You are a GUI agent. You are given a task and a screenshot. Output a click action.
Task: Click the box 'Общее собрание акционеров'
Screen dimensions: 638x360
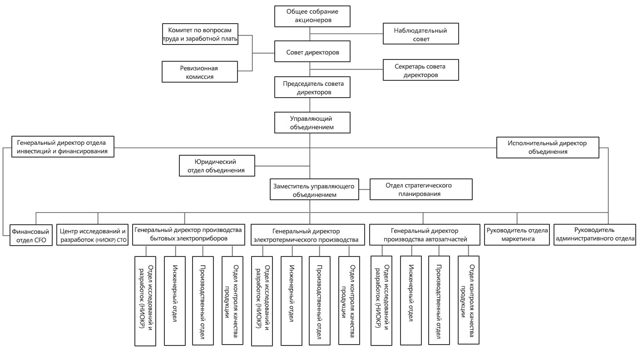pyautogui.click(x=312, y=16)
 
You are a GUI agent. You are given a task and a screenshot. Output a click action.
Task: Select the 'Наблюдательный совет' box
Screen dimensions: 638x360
pyautogui.click(x=420, y=34)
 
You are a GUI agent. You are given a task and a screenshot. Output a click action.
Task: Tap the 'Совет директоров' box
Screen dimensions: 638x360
pyautogui.click(x=312, y=51)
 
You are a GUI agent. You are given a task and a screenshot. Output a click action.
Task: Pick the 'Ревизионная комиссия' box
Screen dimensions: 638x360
pyautogui.click(x=200, y=72)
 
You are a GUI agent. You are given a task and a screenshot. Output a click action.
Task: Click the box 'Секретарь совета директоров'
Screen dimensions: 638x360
pyautogui.click(x=420, y=70)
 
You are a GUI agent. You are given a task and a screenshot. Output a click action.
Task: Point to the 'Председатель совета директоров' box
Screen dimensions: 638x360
pyautogui.click(x=312, y=87)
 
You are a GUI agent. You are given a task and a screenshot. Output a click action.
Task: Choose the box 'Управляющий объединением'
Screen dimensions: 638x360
pyautogui.click(x=312, y=123)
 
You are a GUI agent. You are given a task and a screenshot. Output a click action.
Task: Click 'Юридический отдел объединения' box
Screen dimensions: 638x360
pyautogui.click(x=217, y=166)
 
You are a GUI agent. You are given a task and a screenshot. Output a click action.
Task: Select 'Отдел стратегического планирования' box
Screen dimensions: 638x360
pyautogui.click(x=421, y=189)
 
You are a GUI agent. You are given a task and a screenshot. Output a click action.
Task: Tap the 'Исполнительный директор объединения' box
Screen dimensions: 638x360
pyautogui.click(x=548, y=148)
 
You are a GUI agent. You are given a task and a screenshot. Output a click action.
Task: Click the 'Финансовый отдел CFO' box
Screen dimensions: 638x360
pyautogui.click(x=31, y=235)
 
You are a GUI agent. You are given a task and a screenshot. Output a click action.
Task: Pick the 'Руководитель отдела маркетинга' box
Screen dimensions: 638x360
pyautogui.click(x=517, y=235)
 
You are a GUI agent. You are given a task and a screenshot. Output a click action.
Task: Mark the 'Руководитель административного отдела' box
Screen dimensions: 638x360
pyautogui.click(x=595, y=235)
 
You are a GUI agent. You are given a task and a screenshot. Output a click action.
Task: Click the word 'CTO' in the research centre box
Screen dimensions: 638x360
pyautogui.click(x=122, y=240)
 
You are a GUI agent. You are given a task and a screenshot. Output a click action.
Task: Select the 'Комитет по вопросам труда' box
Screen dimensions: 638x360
pyautogui.click(x=200, y=34)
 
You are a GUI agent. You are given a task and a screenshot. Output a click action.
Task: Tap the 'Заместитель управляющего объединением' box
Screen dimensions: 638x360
pyautogui.click(x=314, y=189)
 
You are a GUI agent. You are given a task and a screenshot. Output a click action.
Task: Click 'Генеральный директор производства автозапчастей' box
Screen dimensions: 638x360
pyautogui.click(x=425, y=235)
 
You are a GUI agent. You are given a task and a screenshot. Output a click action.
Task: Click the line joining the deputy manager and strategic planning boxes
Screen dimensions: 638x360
pyautogui.click(x=364, y=189)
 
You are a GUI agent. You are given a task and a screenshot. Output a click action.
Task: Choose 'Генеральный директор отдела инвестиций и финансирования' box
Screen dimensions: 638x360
pyautogui.click(x=63, y=147)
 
